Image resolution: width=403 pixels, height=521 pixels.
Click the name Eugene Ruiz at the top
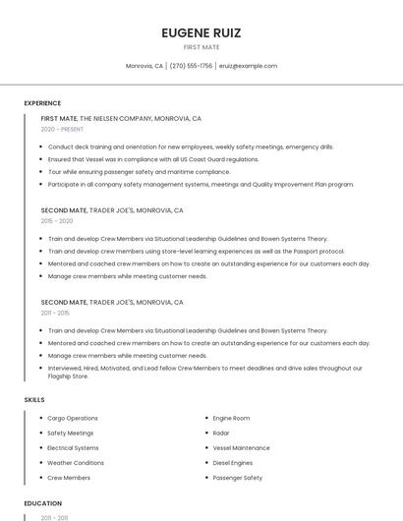tap(201, 32)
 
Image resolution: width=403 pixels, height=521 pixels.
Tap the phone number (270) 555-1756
tap(191, 66)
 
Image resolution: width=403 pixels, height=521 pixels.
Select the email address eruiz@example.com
tap(248, 66)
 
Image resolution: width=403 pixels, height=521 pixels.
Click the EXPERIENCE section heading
tap(42, 103)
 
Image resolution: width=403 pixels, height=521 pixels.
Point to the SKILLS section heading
tap(34, 400)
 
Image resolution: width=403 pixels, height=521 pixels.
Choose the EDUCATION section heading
tap(42, 503)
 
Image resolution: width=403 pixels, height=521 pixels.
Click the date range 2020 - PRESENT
tap(63, 129)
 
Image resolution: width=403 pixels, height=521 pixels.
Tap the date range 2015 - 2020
tap(57, 221)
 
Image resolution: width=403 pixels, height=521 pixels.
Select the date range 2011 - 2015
tap(55, 313)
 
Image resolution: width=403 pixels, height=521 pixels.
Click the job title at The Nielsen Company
tap(59, 118)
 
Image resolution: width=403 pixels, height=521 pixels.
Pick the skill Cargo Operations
tap(73, 419)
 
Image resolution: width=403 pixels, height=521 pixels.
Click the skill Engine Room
tap(231, 419)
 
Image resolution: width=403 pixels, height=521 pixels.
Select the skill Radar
tap(221, 434)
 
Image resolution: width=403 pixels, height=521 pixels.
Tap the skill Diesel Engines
tap(233, 463)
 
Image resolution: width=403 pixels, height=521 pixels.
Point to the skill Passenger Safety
tap(238, 478)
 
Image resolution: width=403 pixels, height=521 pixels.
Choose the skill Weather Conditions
tap(76, 463)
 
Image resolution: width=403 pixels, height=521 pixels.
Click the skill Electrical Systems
tap(73, 448)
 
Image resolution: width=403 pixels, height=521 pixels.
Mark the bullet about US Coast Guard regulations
tap(153, 159)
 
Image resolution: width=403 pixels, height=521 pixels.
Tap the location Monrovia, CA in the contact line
tap(144, 66)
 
